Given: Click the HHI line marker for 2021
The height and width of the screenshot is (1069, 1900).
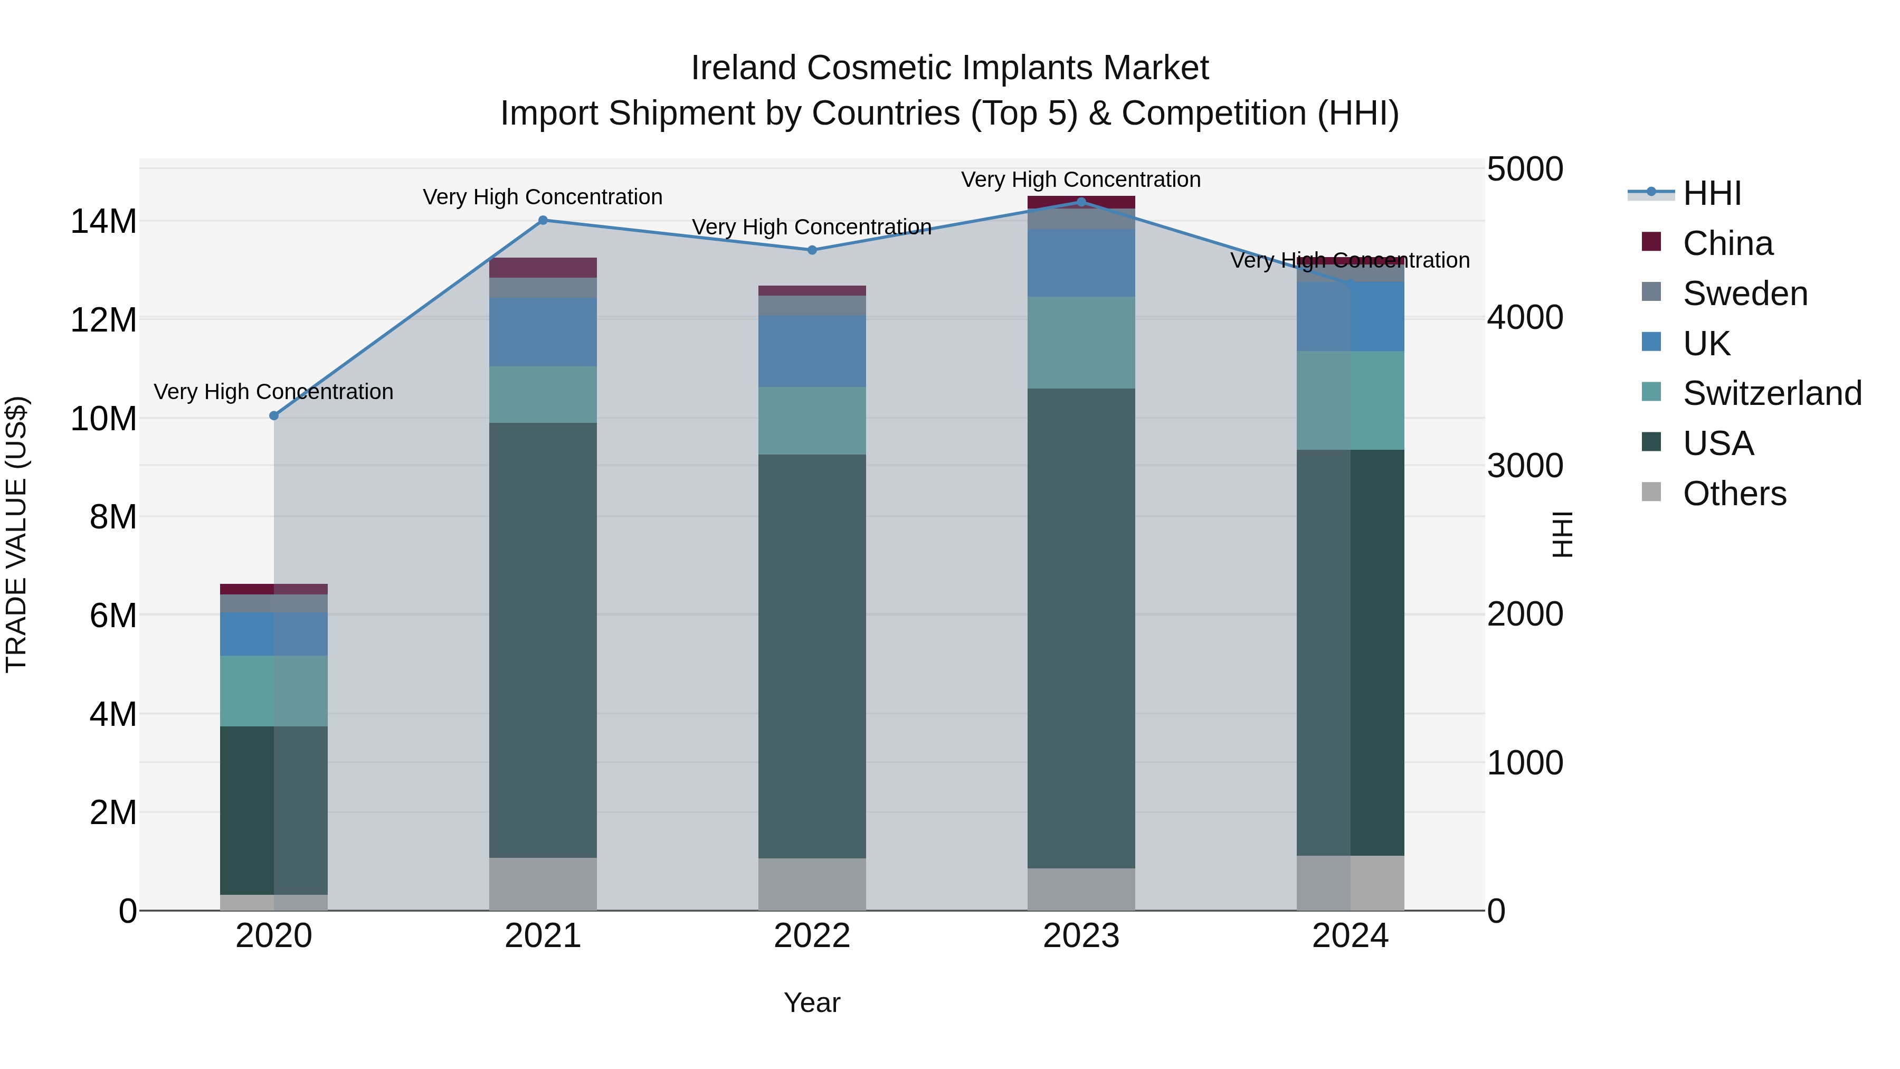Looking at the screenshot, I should (x=543, y=220).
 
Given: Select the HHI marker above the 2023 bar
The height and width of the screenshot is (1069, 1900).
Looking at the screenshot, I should (x=1081, y=202).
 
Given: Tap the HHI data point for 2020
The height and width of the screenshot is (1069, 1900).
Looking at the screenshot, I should (x=273, y=415).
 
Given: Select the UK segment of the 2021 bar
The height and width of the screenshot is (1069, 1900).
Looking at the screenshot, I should (x=543, y=332).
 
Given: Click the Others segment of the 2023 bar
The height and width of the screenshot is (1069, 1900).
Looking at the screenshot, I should (x=1081, y=889).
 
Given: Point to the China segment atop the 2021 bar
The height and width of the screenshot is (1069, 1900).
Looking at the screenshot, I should (x=543, y=267).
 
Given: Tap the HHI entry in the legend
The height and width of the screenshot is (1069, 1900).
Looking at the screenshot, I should (x=1711, y=193).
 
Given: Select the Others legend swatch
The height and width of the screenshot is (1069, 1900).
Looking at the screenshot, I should (x=1651, y=492).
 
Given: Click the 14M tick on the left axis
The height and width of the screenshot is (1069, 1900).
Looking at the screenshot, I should (x=103, y=221).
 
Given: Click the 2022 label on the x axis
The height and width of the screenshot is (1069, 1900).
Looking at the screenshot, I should (x=812, y=936).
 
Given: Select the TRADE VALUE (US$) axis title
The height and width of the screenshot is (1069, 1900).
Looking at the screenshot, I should (x=16, y=534).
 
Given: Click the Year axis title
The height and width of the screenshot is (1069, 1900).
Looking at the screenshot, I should (x=812, y=1002).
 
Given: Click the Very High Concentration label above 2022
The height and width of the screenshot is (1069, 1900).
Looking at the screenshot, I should (x=812, y=226).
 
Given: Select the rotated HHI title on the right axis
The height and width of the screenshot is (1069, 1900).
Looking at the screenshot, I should (x=1562, y=534).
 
